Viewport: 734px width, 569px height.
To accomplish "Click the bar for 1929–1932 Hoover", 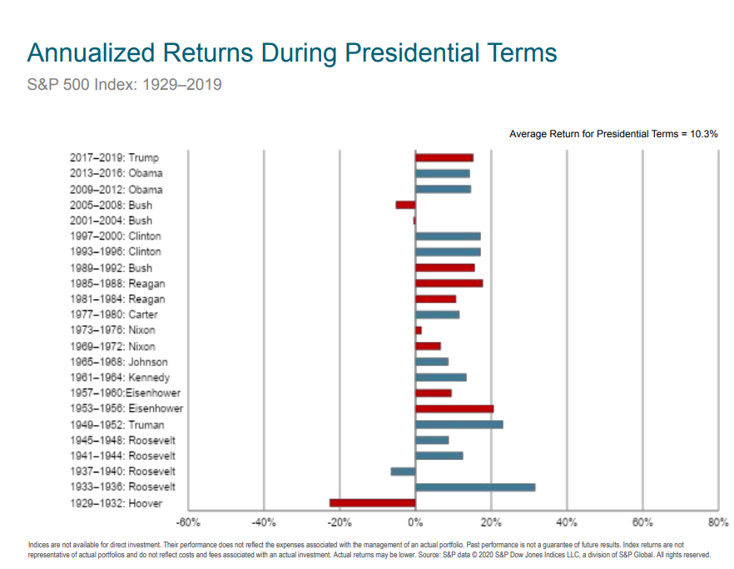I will tap(372, 502).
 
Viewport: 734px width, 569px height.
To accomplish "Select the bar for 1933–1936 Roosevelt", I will tap(475, 487).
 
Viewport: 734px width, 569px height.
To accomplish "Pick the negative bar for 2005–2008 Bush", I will tap(405, 205).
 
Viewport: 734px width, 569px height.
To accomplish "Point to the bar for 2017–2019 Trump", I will tap(444, 157).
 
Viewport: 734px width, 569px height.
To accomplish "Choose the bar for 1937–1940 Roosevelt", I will tap(403, 471).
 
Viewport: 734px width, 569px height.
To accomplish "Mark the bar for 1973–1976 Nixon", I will tap(419, 330).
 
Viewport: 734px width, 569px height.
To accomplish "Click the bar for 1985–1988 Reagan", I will tap(449, 283).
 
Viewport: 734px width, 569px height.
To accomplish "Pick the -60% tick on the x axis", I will tap(188, 523).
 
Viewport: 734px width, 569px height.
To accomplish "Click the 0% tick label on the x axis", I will tap(415, 523).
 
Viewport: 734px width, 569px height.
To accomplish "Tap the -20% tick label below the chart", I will tap(340, 523).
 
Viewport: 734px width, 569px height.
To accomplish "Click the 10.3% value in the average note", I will tap(703, 133).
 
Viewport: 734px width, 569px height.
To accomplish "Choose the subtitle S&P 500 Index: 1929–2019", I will tap(125, 85).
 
